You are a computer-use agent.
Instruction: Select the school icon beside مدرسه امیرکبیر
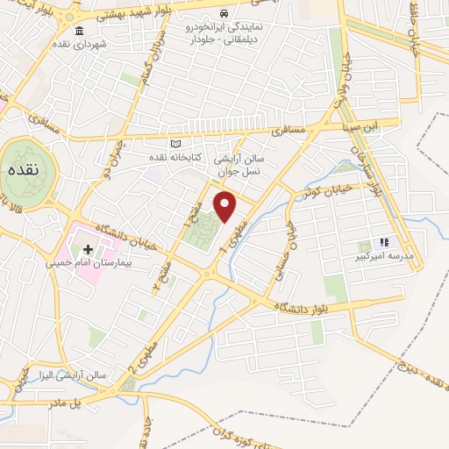tap(382, 242)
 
